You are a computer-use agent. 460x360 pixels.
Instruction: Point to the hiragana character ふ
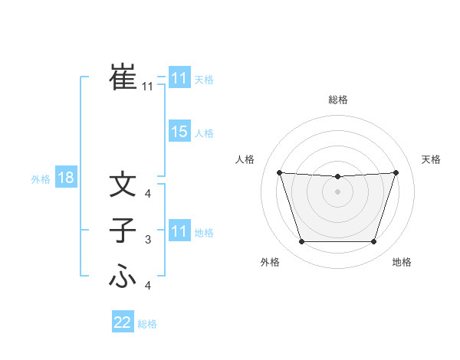123,277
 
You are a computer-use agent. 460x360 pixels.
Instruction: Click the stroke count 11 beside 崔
147,87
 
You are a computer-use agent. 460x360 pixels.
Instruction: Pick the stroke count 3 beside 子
147,240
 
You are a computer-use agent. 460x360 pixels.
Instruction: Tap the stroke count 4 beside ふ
147,286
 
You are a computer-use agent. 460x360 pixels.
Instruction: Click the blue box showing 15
179,132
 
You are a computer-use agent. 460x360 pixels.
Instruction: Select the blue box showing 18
65,178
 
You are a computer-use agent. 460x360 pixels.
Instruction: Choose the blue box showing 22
123,322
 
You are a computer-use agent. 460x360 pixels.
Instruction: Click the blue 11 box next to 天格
179,78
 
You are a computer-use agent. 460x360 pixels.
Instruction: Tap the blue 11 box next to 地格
179,231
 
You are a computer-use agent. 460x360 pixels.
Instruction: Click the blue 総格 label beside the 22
147,324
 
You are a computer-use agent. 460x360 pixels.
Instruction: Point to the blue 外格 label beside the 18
41,179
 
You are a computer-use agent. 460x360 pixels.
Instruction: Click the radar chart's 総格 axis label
337,100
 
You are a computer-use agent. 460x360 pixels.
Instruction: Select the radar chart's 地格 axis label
402,262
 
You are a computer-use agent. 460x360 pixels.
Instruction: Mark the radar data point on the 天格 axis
396,172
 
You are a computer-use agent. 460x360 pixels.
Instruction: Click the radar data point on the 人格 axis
279,172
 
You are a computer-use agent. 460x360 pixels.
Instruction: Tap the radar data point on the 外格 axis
301,242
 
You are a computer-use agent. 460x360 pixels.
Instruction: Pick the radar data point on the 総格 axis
337,177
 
